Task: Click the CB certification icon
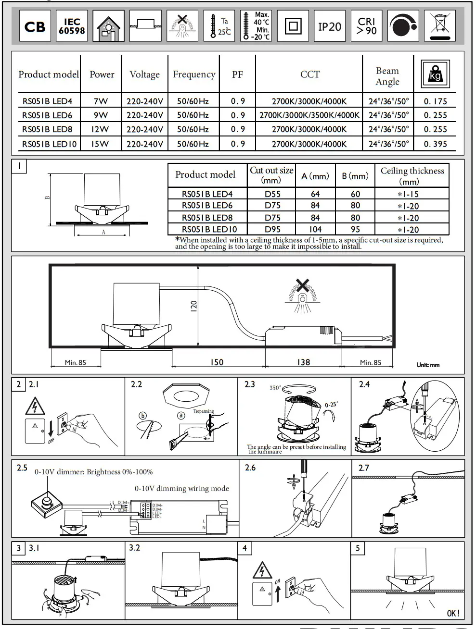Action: pyautogui.click(x=35, y=26)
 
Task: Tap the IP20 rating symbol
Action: pyautogui.click(x=330, y=26)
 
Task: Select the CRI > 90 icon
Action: pyautogui.click(x=367, y=26)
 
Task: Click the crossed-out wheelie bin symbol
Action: pyautogui.click(x=440, y=26)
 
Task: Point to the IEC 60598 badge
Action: pyautogui.click(x=72, y=26)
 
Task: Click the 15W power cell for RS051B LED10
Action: pyautogui.click(x=101, y=144)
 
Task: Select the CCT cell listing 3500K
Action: pyautogui.click(x=309, y=115)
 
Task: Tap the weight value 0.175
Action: pyautogui.click(x=435, y=101)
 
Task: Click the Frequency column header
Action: pyautogui.click(x=194, y=74)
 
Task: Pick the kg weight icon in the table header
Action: pyautogui.click(x=435, y=74)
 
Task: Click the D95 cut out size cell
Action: pyautogui.click(x=272, y=229)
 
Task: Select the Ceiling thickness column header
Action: pyautogui.click(x=412, y=175)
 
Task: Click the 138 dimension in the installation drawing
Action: pyautogui.click(x=303, y=362)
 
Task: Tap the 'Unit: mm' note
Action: pyautogui.click(x=428, y=365)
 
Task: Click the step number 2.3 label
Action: pyautogui.click(x=250, y=384)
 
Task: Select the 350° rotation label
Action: pyautogui.click(x=275, y=388)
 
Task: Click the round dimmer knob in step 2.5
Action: pyautogui.click(x=47, y=503)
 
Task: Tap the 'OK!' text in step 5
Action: pyautogui.click(x=453, y=613)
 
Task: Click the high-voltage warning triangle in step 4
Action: pyautogui.click(x=262, y=570)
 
